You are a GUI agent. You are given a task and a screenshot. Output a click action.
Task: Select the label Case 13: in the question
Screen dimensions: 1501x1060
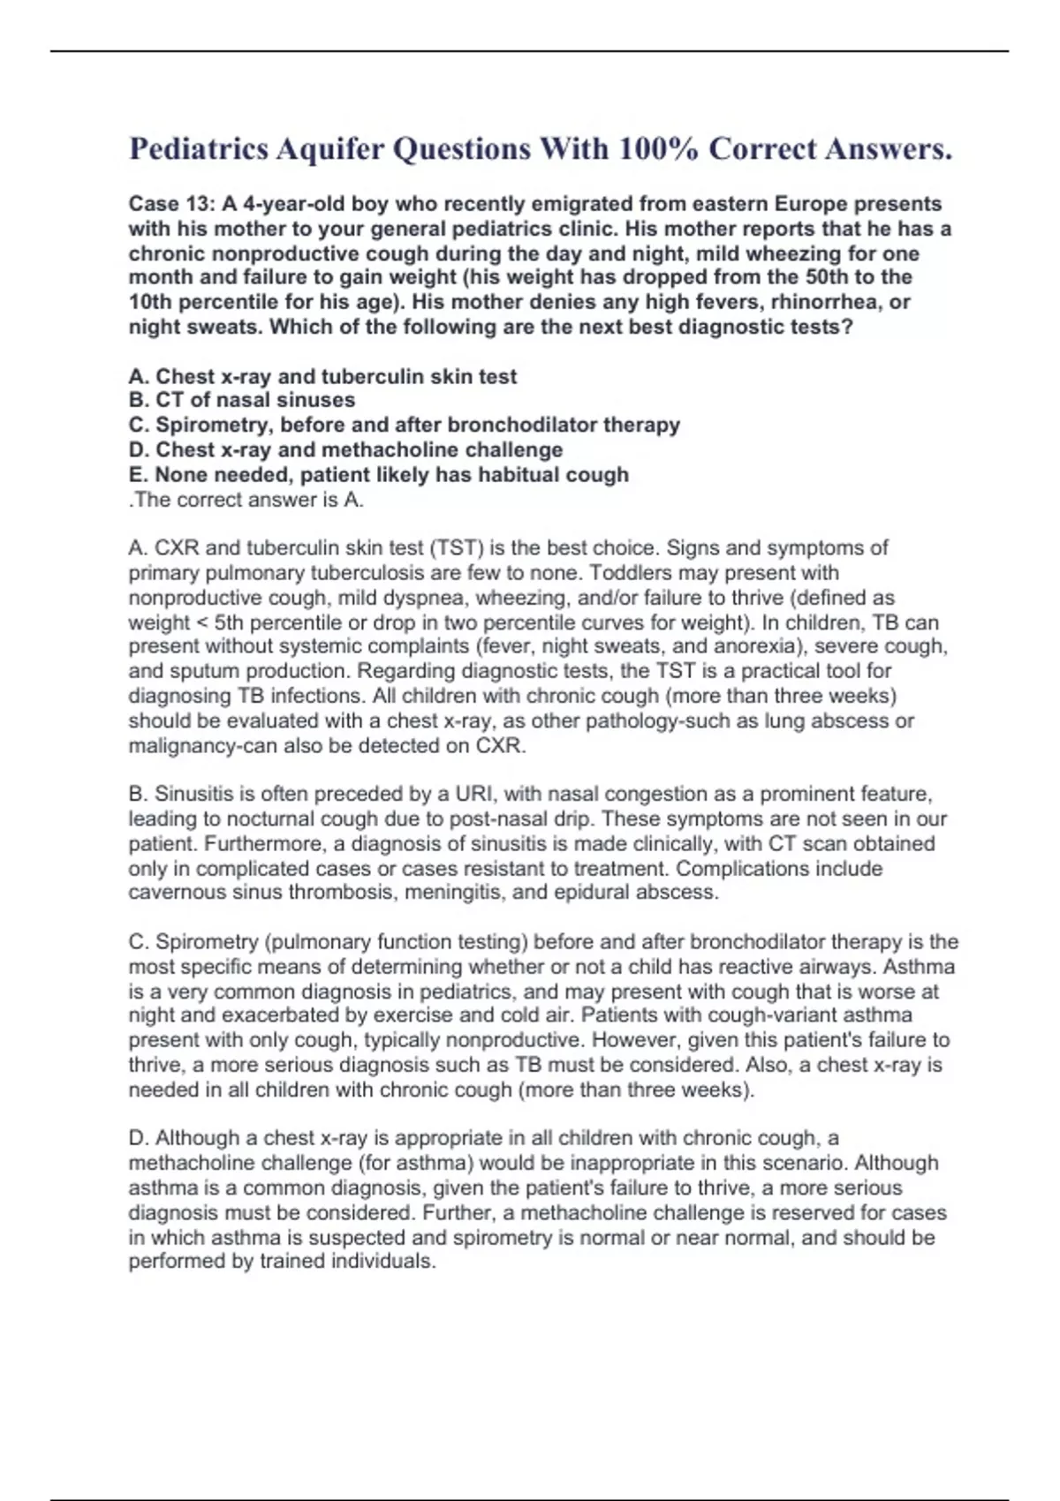(x=171, y=204)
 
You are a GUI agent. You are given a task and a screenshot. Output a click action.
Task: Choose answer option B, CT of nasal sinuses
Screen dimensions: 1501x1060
(x=242, y=400)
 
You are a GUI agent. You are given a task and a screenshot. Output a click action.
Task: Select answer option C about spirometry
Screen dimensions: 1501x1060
(x=404, y=425)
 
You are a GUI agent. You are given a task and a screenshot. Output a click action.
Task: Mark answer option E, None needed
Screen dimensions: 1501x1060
(x=378, y=474)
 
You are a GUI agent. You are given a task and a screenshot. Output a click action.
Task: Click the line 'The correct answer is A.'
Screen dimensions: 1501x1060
(x=246, y=500)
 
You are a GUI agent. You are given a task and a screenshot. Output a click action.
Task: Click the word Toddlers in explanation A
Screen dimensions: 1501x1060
(x=629, y=573)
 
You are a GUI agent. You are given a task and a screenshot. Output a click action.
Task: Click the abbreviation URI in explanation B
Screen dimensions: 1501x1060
(x=473, y=794)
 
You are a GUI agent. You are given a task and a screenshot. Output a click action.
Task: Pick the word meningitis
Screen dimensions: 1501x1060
(x=452, y=892)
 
